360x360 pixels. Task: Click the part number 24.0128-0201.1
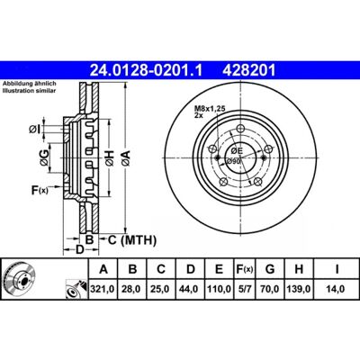[147, 70]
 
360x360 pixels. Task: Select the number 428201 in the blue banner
[248, 70]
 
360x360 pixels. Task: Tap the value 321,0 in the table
[103, 289]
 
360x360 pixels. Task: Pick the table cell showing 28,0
[132, 289]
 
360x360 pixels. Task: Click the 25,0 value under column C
[161, 289]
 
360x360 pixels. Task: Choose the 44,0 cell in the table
[191, 289]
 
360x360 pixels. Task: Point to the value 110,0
[219, 289]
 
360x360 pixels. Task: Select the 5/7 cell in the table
[244, 289]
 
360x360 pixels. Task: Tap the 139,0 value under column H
[299, 289]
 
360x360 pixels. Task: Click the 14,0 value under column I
[337, 289]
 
